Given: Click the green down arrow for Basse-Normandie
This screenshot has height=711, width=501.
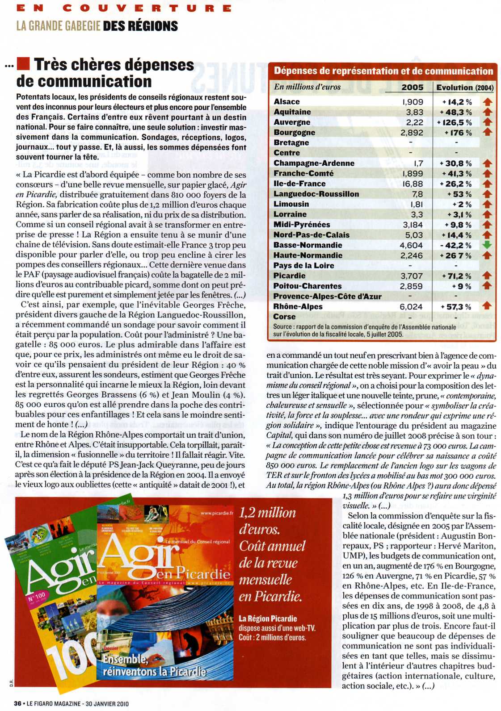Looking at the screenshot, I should click(487, 245).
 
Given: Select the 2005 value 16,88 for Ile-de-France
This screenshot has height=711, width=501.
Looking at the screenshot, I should click(412, 184).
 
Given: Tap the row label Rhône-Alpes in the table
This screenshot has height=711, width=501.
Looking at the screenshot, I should click(298, 306).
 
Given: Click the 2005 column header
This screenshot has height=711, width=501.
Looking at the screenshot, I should click(412, 87).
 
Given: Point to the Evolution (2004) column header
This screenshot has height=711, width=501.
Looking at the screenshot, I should click(465, 88).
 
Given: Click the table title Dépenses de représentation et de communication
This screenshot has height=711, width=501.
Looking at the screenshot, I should click(383, 71).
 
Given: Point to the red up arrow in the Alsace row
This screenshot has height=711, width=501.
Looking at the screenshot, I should click(487, 102).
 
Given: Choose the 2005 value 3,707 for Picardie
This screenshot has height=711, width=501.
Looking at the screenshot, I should click(411, 276).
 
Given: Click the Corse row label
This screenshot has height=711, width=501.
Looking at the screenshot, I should click(284, 317).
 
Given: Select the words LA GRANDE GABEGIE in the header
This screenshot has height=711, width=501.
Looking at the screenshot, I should click(58, 26).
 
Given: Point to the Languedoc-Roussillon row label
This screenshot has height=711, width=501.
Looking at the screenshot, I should click(316, 194).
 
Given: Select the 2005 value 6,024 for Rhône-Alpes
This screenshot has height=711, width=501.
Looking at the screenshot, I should click(411, 307).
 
